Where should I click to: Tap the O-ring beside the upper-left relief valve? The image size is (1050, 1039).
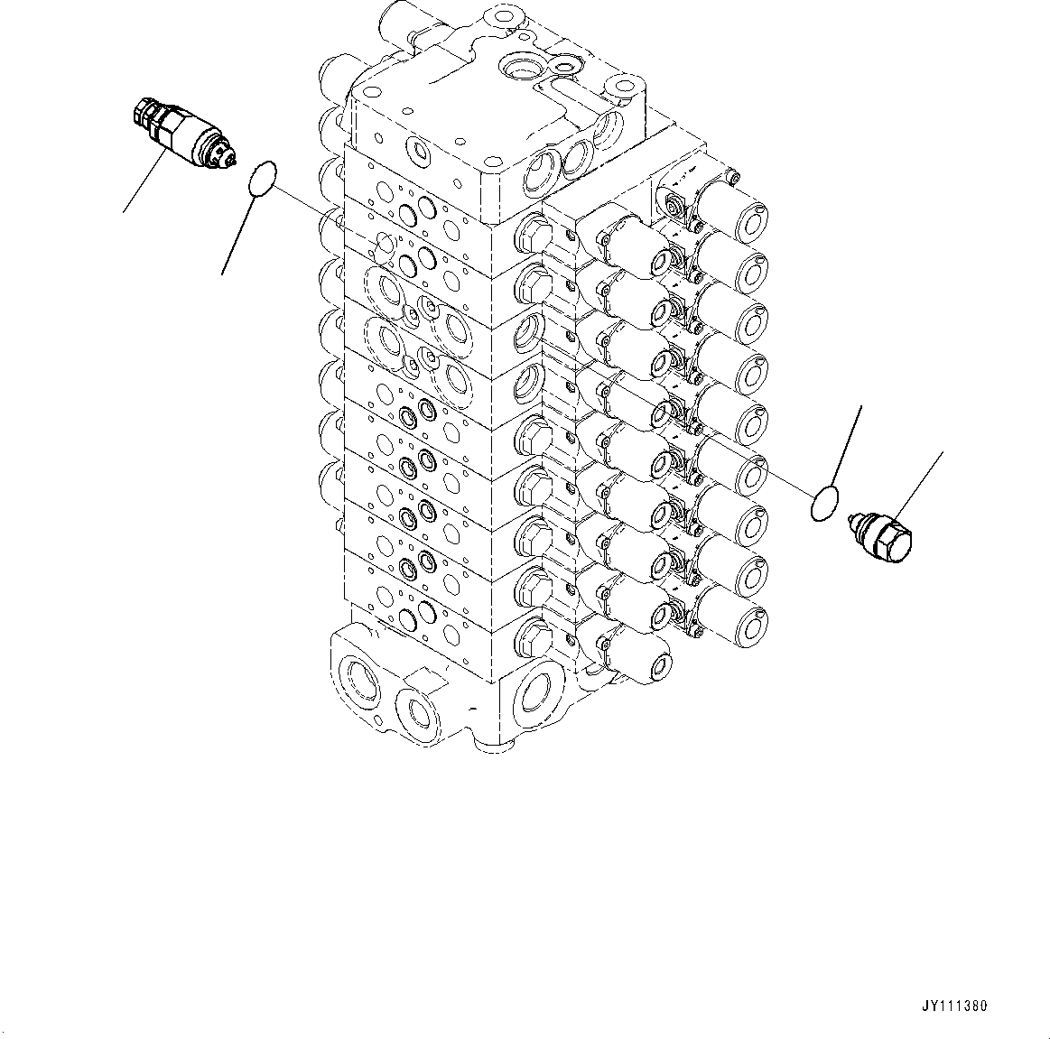[x=262, y=178]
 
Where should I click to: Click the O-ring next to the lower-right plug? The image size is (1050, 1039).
[x=825, y=504]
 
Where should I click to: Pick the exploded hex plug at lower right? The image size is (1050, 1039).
[x=879, y=540]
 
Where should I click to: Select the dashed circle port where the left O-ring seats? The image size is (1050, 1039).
[x=384, y=246]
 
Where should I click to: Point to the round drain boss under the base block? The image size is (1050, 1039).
[x=488, y=740]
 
